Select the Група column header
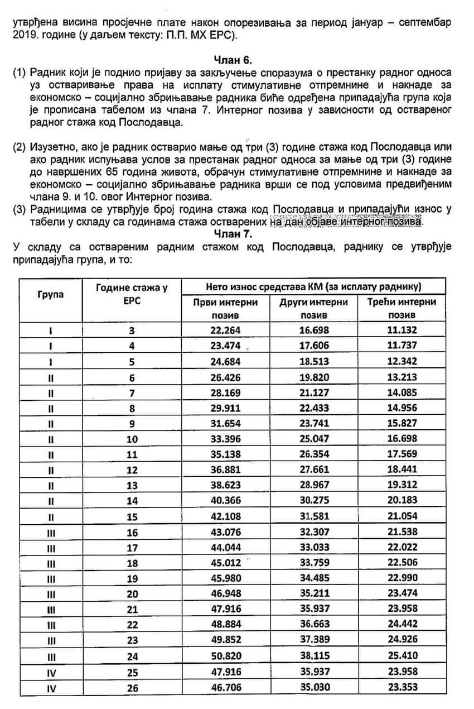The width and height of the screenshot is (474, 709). point(51,294)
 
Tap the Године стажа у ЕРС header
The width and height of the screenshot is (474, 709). point(132,293)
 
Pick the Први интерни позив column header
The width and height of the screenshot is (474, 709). point(225,309)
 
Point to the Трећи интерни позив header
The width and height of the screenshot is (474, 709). point(402,309)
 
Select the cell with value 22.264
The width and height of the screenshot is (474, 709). point(225,330)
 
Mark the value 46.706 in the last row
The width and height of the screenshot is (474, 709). point(225,688)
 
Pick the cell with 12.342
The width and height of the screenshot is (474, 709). point(402,361)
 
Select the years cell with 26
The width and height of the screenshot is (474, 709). point(132,688)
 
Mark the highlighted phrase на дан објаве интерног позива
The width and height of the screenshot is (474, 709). point(345,222)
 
